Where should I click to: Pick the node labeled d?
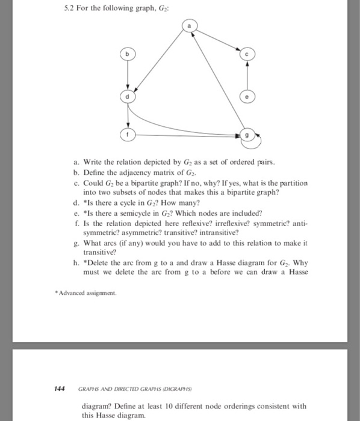tap(127, 97)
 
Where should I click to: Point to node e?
tap(246, 97)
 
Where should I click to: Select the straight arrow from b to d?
tap(127, 75)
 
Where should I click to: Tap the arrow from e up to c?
tap(246, 75)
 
